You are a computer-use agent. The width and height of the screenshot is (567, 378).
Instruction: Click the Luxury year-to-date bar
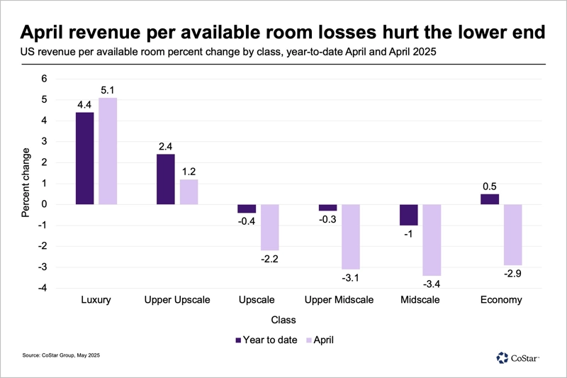click(x=84, y=158)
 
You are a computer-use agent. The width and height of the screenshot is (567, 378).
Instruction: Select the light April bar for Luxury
click(x=108, y=151)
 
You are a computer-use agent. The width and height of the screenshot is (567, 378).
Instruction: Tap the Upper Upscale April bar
click(x=189, y=191)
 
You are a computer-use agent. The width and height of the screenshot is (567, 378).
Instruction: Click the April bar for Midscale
click(x=433, y=240)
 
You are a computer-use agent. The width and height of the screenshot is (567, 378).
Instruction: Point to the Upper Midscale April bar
click(x=352, y=237)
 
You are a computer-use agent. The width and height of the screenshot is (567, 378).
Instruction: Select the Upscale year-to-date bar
click(x=247, y=209)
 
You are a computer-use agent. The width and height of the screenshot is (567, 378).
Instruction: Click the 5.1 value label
click(x=108, y=89)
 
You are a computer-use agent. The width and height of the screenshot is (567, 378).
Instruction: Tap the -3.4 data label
click(x=433, y=284)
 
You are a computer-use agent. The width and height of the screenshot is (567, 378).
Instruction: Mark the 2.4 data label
click(x=165, y=146)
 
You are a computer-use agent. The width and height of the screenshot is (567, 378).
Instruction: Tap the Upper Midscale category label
click(x=338, y=300)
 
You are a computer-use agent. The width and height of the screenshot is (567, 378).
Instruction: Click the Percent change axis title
click(x=26, y=183)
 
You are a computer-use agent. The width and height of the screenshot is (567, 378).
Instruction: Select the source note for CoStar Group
click(x=62, y=355)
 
